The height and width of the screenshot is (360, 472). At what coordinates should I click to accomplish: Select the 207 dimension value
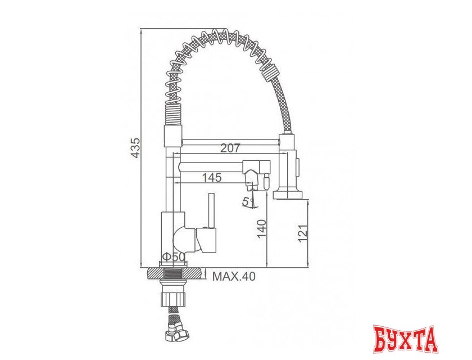point(230,148)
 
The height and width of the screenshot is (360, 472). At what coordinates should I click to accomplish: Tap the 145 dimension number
point(212,177)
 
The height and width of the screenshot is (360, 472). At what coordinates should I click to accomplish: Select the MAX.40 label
point(233,276)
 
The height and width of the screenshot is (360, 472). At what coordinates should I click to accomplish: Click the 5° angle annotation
point(247,201)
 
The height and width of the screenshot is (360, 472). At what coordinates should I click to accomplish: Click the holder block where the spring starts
point(173,134)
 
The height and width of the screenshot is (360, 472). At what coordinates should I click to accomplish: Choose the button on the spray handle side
point(298,168)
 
